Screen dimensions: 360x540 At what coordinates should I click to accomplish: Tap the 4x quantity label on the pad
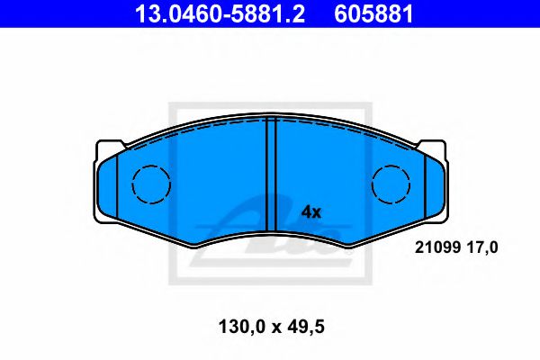310,212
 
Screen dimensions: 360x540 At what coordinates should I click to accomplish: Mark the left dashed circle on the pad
151,184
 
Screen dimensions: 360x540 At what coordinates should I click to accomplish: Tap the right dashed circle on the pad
391,184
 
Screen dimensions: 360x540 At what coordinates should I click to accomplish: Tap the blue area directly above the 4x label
310,171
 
